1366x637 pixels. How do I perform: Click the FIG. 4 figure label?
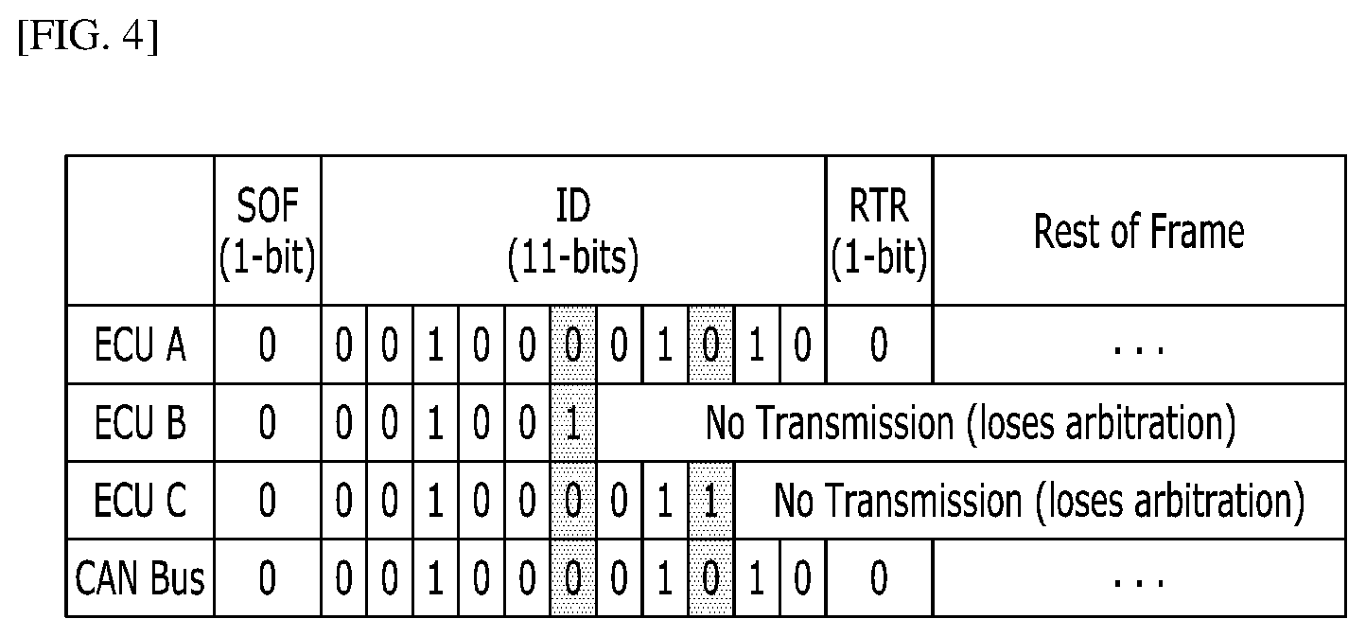[88, 37]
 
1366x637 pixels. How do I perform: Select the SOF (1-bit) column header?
[268, 231]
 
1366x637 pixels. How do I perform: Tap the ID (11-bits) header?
[573, 231]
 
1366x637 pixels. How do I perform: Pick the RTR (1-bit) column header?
[880, 231]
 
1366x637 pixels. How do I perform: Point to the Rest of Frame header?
[1139, 231]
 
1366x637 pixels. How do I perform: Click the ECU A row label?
[140, 345]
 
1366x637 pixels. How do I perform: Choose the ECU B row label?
[140, 422]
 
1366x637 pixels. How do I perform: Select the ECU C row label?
[140, 500]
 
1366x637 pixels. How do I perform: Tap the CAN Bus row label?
[140, 577]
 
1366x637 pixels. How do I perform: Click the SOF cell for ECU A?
[268, 345]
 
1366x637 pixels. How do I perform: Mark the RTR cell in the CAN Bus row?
[880, 577]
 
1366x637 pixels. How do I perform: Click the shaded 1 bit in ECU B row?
[573, 422]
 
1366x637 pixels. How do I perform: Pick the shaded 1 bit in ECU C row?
[711, 500]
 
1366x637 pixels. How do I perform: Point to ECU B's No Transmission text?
[971, 422]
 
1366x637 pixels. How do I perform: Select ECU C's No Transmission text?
[1039, 501]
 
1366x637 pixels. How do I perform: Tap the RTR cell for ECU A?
[880, 345]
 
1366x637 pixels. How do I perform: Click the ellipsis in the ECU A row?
[1139, 350]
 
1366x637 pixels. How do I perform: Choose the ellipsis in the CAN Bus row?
[1139, 583]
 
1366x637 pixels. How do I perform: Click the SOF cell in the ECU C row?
[268, 500]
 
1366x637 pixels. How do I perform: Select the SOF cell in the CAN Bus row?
[268, 577]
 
